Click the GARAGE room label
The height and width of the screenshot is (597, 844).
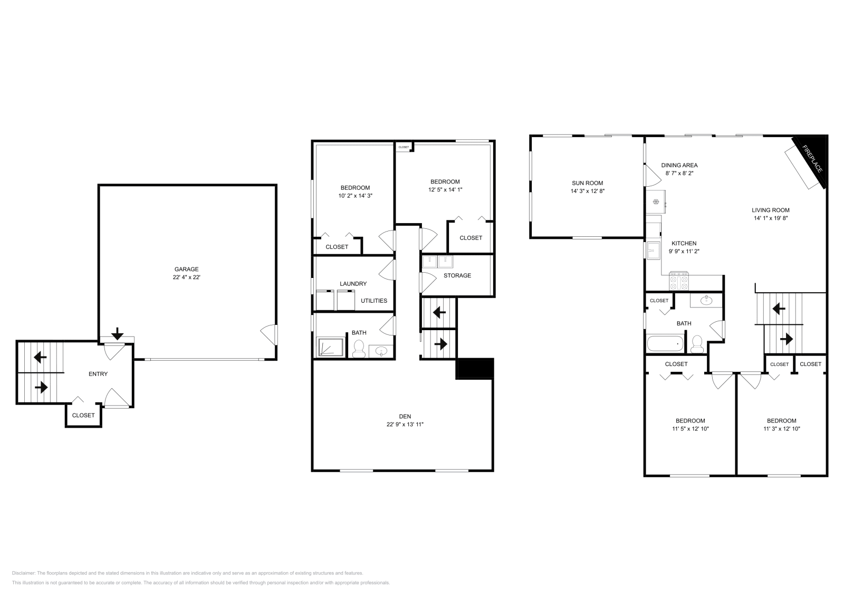pos(186,269)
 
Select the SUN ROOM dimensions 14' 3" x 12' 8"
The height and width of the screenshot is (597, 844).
pos(587,191)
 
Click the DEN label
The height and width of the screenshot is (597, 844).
pos(405,416)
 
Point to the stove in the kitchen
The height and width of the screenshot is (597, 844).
pos(679,281)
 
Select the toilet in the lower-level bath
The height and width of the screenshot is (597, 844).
pos(359,349)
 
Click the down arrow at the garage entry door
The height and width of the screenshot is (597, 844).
pos(117,333)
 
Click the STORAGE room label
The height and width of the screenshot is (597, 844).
pos(457,275)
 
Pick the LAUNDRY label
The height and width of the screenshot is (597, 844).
pos(353,284)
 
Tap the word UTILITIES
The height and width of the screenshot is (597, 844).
pos(373,301)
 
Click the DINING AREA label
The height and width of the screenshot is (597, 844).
pos(679,165)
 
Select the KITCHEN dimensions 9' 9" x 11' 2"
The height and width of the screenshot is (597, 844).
pos(684,252)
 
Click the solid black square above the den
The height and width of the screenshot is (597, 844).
pos(474,368)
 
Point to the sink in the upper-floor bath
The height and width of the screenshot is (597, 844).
pos(707,301)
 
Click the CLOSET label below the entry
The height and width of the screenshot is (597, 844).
pos(83,415)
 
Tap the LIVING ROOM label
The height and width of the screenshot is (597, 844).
pos(770,210)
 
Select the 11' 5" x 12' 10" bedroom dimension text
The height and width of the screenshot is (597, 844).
pos(690,429)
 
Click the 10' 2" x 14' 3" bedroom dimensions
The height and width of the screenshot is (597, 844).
pos(354,196)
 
